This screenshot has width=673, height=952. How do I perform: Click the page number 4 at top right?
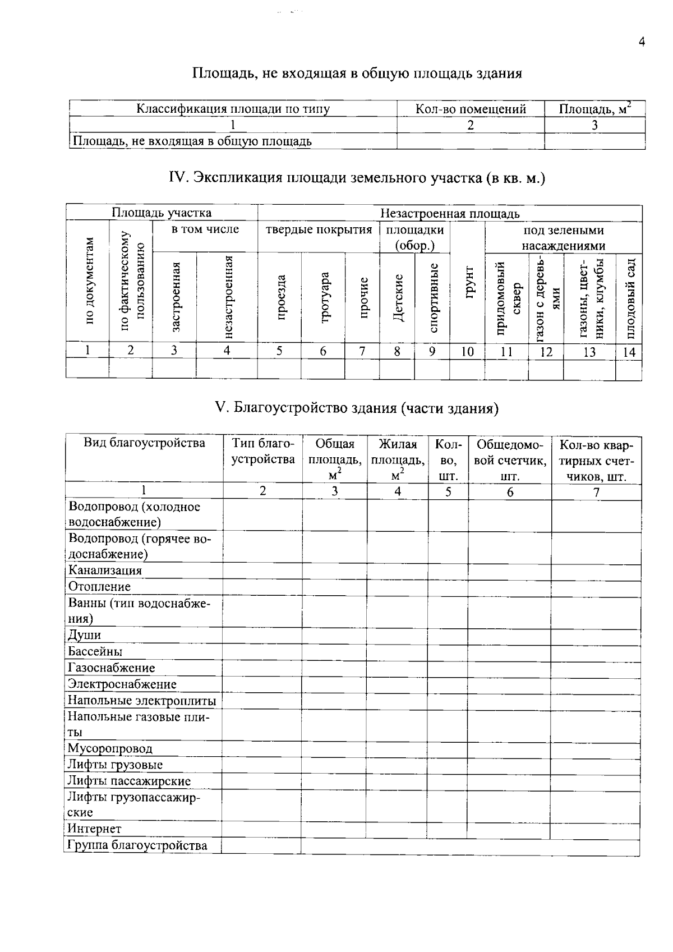click(x=642, y=42)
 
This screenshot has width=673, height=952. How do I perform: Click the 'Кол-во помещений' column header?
click(x=470, y=109)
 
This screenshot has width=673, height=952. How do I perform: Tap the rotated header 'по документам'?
click(x=89, y=280)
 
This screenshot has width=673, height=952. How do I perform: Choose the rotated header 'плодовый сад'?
click(x=630, y=299)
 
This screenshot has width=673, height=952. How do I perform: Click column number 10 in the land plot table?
click(x=467, y=352)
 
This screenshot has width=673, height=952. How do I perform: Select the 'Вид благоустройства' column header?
click(x=144, y=443)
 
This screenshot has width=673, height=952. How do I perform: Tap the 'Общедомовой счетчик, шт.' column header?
click(x=509, y=460)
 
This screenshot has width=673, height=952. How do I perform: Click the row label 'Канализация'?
click(x=105, y=571)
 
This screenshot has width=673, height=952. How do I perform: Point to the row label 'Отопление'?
click(x=99, y=587)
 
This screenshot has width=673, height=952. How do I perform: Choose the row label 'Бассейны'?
click(x=95, y=652)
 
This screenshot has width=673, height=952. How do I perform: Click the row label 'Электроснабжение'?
click(x=122, y=684)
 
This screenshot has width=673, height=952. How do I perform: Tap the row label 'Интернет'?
click(x=94, y=829)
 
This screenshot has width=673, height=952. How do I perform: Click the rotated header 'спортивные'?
click(x=433, y=298)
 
